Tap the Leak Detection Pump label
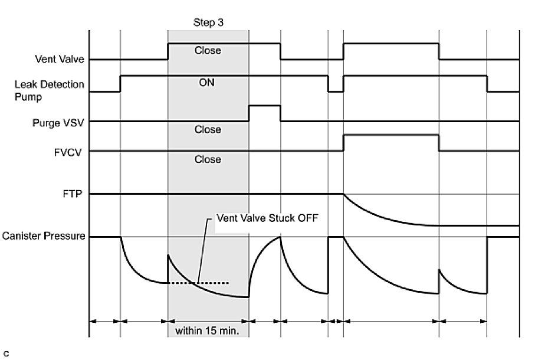[x=50, y=90]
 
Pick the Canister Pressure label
[x=44, y=237]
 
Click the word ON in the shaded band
[x=207, y=83]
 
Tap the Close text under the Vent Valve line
[x=208, y=51]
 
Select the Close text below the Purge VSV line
[x=208, y=129]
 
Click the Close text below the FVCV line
[x=208, y=159]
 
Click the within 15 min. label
[x=208, y=331]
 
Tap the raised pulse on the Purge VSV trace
[x=264, y=106]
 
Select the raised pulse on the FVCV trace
[x=390, y=135]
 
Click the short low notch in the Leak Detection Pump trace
[x=336, y=91]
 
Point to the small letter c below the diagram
[x=6, y=354]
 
